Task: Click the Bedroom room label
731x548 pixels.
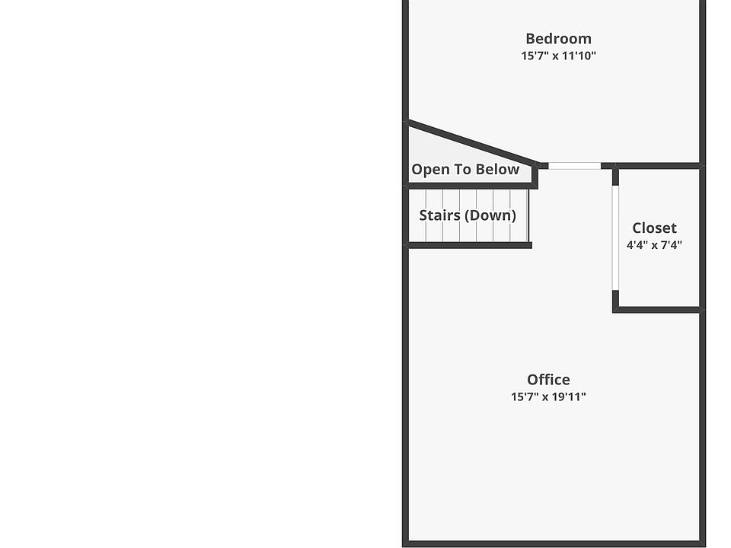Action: (x=558, y=39)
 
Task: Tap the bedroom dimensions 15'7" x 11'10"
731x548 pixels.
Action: (x=558, y=56)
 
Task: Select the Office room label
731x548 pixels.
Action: (x=548, y=380)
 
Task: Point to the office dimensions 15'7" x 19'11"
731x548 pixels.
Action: (x=548, y=397)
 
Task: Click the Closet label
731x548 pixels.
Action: (x=654, y=228)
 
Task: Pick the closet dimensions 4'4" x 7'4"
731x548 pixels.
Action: (x=654, y=246)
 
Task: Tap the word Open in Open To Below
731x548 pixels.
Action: (x=430, y=170)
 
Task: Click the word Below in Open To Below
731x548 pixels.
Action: (x=499, y=170)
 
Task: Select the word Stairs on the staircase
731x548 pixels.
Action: (x=439, y=215)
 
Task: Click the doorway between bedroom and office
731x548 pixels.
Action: (x=574, y=165)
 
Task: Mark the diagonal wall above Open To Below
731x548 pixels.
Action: (x=472, y=142)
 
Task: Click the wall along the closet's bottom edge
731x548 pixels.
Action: (x=656, y=310)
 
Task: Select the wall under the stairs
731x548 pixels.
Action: (x=469, y=245)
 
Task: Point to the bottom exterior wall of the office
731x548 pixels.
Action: (x=554, y=543)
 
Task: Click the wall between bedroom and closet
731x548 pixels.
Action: (x=656, y=165)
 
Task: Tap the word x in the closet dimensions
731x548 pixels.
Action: (x=654, y=246)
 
